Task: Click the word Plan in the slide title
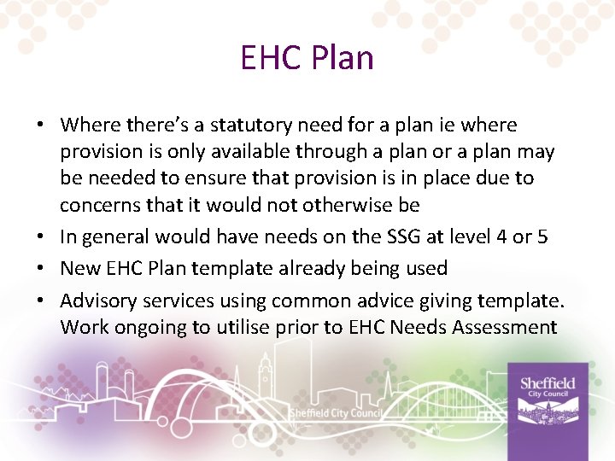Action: tap(342, 58)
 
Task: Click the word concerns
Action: tap(97, 206)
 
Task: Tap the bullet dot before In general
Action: tap(41, 237)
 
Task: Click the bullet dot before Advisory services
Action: tap(41, 301)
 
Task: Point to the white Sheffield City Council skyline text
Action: tap(335, 413)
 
